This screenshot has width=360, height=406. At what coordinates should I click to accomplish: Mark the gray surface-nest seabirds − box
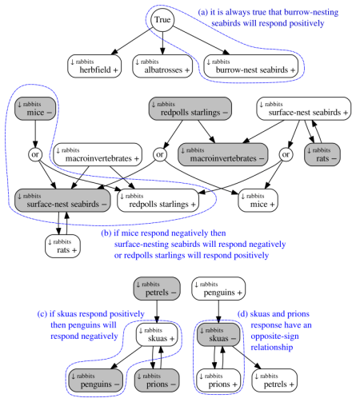(57, 201)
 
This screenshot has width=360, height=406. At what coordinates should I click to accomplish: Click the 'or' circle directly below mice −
(34, 152)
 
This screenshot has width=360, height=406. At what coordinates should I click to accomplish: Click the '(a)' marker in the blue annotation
(205, 12)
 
